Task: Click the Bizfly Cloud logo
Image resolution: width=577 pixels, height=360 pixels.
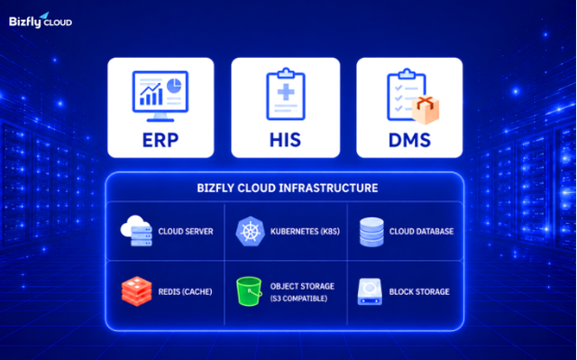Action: point(41,21)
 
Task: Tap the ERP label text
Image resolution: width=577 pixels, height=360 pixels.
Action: point(160,140)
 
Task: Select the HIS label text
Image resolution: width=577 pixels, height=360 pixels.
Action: point(285,140)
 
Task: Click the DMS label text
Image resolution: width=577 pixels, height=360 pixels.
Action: point(409,140)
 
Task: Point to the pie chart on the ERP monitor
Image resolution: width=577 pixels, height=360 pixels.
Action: point(174,86)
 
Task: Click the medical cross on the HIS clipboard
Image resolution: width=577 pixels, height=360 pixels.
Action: point(286,92)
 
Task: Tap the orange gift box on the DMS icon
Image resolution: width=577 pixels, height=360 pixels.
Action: point(426,110)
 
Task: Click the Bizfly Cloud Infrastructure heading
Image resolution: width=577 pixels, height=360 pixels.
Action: point(288,188)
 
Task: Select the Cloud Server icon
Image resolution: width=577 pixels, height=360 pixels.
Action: point(136,231)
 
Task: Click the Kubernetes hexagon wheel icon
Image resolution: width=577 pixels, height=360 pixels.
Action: point(251,231)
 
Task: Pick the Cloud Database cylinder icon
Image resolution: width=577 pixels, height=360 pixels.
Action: point(371,232)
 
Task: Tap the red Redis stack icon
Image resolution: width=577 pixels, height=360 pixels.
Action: point(136,291)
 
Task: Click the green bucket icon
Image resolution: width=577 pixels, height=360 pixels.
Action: point(249,291)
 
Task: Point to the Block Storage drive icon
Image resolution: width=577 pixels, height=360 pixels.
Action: point(370,292)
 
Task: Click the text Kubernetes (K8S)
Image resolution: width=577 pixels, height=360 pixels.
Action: point(305,232)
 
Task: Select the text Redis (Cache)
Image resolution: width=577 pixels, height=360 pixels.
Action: point(185,292)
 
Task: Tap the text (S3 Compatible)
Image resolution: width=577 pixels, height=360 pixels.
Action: point(298,298)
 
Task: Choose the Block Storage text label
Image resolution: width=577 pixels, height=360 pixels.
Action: point(419,292)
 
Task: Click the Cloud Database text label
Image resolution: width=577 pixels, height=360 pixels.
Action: point(421,232)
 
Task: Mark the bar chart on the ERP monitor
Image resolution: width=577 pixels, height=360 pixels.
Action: point(151,94)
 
